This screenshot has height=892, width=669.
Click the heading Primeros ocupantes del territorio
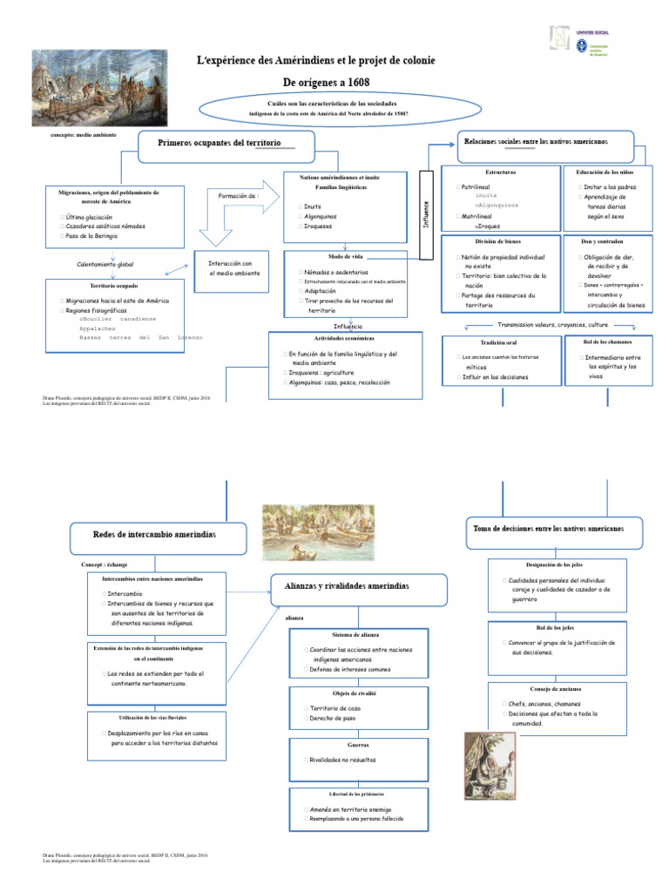coord(220,142)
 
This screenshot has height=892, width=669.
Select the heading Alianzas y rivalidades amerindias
coord(341,587)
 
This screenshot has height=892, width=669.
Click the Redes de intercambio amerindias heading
coord(155,532)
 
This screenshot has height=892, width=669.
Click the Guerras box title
coord(357,746)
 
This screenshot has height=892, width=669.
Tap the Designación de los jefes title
coord(555,565)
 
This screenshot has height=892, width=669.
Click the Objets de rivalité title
coord(358,693)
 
